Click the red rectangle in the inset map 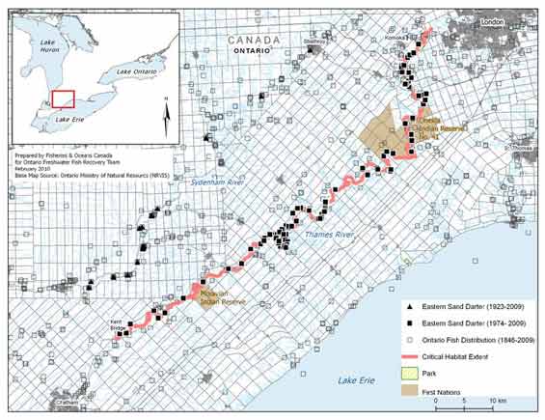click(x=64, y=99)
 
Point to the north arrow click(x=166, y=114)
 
